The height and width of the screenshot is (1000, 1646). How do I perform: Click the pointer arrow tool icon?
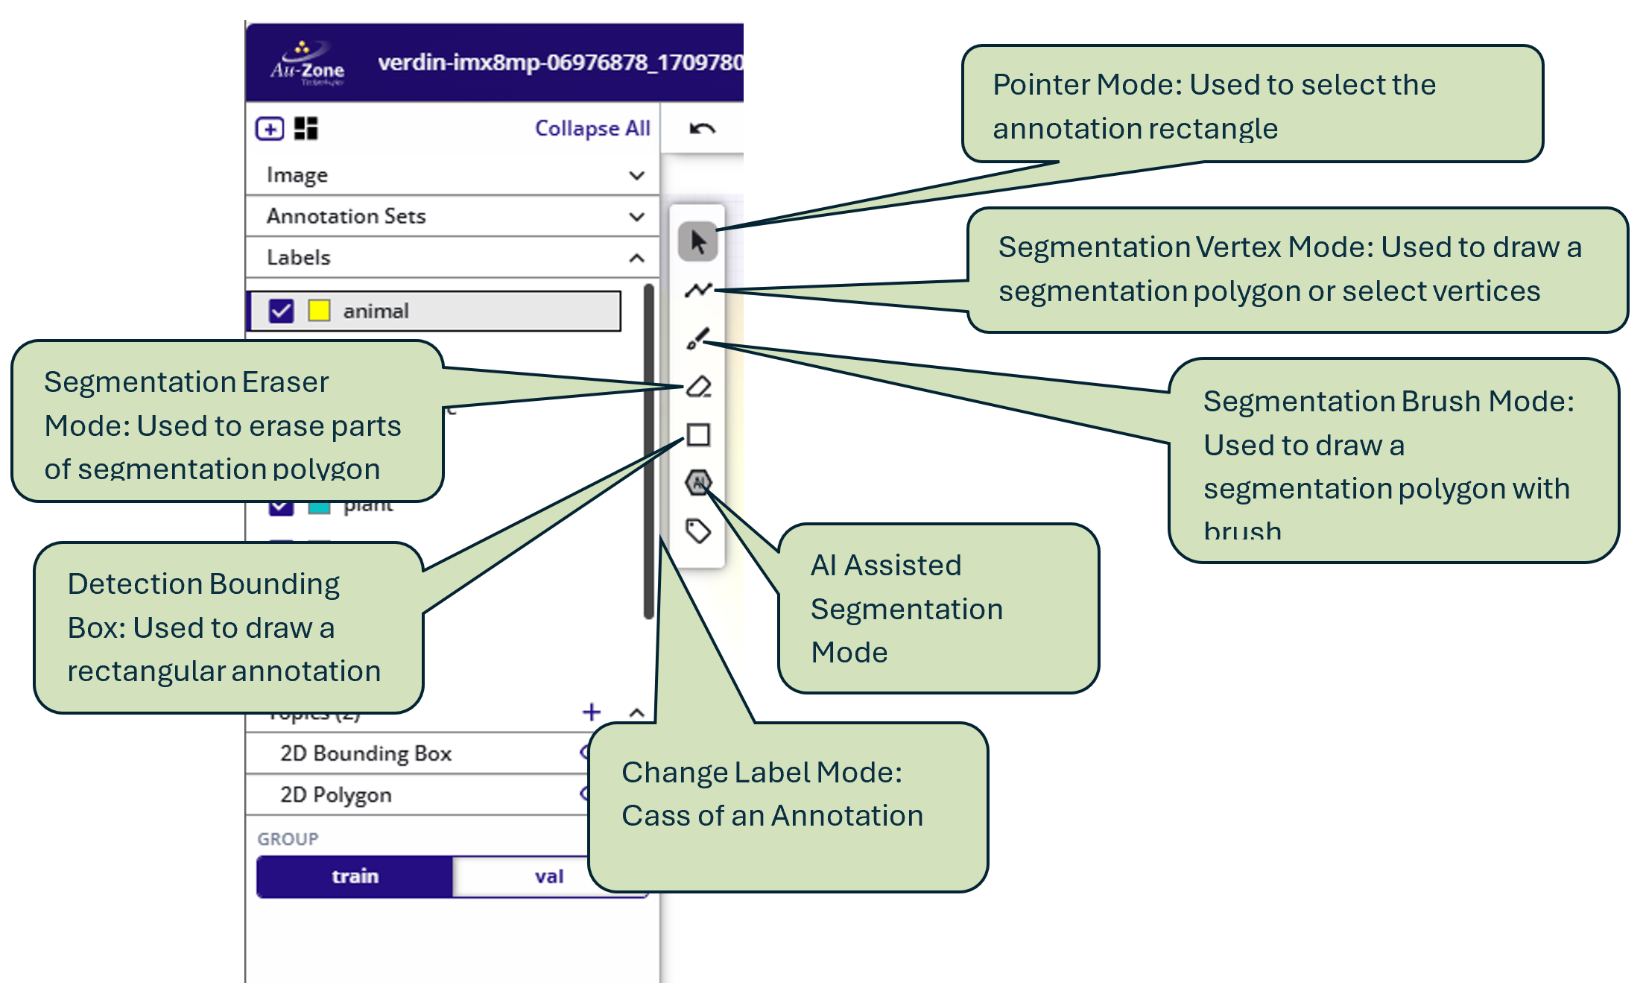[x=697, y=242]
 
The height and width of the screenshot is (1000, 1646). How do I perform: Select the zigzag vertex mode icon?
[x=698, y=290]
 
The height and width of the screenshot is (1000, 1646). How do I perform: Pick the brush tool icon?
[x=697, y=338]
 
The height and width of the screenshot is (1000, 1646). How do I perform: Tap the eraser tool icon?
[x=698, y=387]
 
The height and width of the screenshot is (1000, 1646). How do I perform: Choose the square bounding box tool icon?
[x=698, y=434]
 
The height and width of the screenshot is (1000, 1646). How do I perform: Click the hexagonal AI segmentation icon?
[x=698, y=483]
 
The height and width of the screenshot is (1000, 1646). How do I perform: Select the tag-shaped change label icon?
[x=698, y=531]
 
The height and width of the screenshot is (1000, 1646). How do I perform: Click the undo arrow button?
[x=702, y=129]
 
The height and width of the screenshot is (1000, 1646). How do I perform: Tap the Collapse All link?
[x=592, y=128]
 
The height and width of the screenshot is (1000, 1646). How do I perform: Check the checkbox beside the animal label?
[x=281, y=311]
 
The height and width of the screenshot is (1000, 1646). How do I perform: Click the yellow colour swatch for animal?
[x=319, y=311]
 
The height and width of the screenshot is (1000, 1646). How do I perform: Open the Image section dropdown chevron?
[x=636, y=176]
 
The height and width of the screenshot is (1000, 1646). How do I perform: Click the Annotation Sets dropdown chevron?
[x=636, y=217]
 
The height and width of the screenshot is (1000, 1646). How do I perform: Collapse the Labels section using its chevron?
[x=636, y=259]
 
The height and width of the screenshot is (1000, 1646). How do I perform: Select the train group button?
[x=355, y=876]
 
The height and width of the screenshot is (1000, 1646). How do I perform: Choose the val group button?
[x=548, y=876]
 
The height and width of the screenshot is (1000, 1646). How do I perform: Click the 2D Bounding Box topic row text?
[x=366, y=753]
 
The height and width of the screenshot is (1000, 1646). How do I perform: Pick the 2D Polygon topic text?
[x=335, y=795]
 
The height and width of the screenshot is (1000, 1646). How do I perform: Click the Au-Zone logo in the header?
[x=307, y=64]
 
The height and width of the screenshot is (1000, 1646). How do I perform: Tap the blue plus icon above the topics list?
[x=592, y=712]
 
